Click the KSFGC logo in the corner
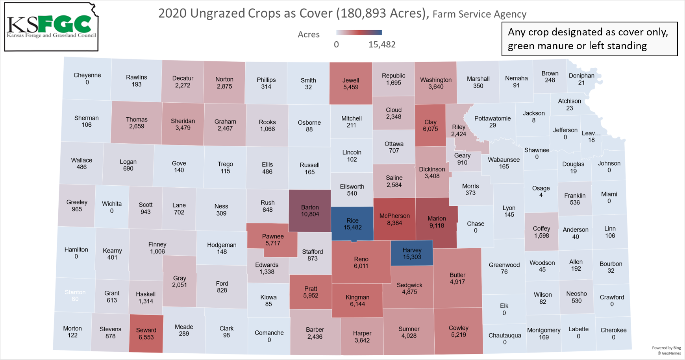click(x=51, y=27)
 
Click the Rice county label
click(x=352, y=221)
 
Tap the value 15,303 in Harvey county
click(x=412, y=257)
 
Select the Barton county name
click(x=310, y=207)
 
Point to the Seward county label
click(x=146, y=330)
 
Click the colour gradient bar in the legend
click(x=359, y=33)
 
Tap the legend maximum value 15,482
click(x=382, y=45)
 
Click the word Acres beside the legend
click(x=309, y=35)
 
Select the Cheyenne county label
click(x=87, y=75)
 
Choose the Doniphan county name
click(x=581, y=76)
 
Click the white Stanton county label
click(x=75, y=292)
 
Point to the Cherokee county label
click(x=613, y=330)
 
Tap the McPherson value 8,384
click(x=394, y=223)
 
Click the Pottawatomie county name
click(x=492, y=118)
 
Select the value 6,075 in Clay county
click(x=430, y=129)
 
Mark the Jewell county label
click(x=351, y=80)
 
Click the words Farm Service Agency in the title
click(x=479, y=14)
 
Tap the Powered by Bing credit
click(x=666, y=348)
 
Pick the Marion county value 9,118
click(x=437, y=226)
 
